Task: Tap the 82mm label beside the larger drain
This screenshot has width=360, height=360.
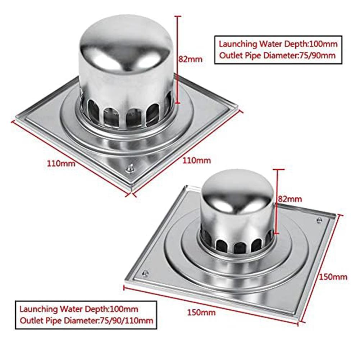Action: (290, 198)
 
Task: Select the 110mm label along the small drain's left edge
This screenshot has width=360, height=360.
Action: (61, 164)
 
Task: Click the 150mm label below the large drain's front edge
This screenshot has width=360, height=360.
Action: (201, 312)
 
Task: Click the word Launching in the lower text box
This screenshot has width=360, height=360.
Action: (38, 309)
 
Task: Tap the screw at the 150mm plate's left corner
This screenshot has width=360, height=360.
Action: (145, 273)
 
